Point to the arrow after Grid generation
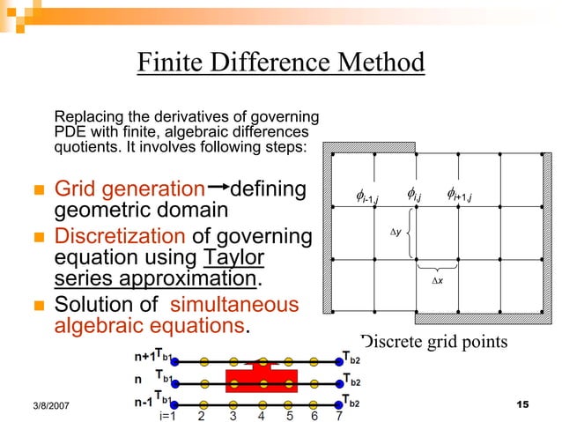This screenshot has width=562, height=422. pyautogui.click(x=219, y=188)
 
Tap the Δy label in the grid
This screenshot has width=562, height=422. pyautogui.click(x=396, y=233)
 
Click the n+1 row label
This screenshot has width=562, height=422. pyautogui.click(x=144, y=359)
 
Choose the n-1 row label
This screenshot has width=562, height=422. pyautogui.click(x=143, y=402)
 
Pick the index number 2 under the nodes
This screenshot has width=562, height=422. pyautogui.click(x=202, y=416)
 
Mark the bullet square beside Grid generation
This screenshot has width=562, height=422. pyautogui.click(x=39, y=190)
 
